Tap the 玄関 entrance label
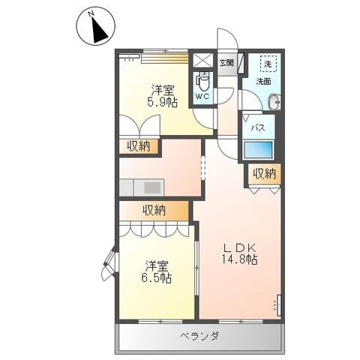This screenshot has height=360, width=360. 226,63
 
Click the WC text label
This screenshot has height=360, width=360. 202,97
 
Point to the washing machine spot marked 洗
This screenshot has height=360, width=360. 268,64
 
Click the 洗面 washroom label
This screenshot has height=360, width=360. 264,81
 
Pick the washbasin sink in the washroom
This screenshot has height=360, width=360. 274,102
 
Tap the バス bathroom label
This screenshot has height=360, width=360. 258,127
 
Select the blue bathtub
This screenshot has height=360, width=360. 258,149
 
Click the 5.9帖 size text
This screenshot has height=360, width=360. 162,102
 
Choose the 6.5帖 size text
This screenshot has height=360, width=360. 157,277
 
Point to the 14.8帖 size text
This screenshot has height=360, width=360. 239,259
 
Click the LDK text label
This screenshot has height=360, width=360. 240,247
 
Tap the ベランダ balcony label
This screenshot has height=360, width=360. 199,336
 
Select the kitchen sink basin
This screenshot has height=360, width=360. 149,187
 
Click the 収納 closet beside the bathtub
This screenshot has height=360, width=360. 264,174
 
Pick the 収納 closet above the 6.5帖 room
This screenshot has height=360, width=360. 154,210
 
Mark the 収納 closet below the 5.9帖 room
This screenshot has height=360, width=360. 139,146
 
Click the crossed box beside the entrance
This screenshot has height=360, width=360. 202,60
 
